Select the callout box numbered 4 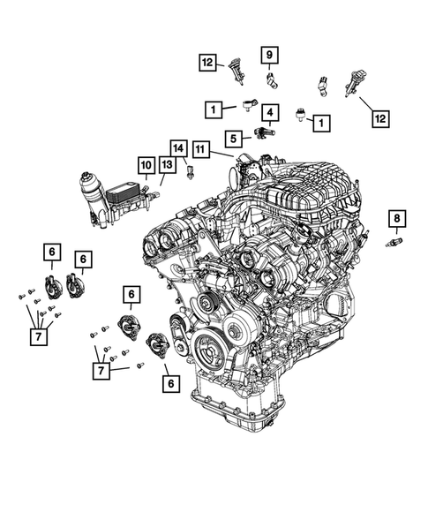pos(268,112)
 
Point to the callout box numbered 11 pos(201,150)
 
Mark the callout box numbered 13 pos(167,164)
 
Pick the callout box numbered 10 pos(145,164)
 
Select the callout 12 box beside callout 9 pos(208,63)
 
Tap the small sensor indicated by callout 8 pos(394,241)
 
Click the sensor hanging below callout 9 pos(273,81)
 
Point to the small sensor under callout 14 pos(189,173)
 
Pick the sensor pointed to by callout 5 pos(262,133)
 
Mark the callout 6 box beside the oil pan pos(169,382)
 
